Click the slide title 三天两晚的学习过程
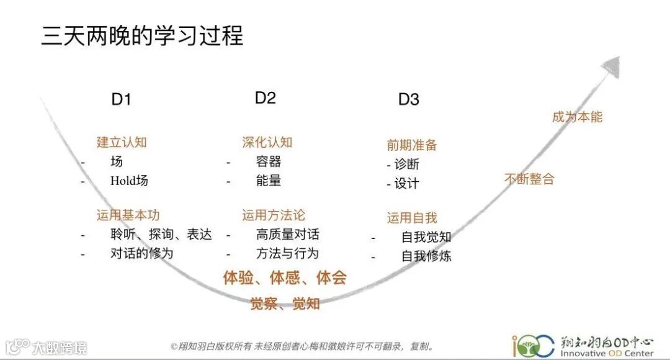[x=142, y=36]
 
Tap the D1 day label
[x=122, y=99]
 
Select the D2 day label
[x=266, y=97]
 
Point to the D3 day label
[x=409, y=99]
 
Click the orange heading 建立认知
[x=122, y=142]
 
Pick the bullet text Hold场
[x=129, y=181]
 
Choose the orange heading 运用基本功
[x=128, y=215]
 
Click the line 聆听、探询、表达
[x=161, y=235]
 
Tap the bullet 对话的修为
[x=141, y=253]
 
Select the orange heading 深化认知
[x=267, y=142]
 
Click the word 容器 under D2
[x=269, y=162]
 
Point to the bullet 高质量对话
[x=287, y=235]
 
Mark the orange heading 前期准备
[x=412, y=145]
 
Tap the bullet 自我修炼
[x=426, y=256]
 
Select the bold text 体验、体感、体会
[x=285, y=277]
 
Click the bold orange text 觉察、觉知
[x=285, y=304]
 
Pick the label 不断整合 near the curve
[x=529, y=179]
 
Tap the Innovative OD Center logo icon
[x=533, y=346]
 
